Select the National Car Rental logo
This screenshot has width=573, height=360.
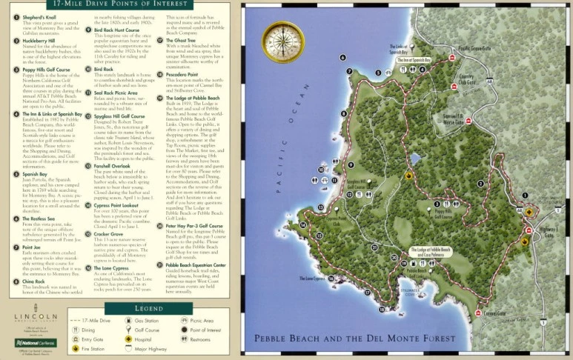35,343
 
